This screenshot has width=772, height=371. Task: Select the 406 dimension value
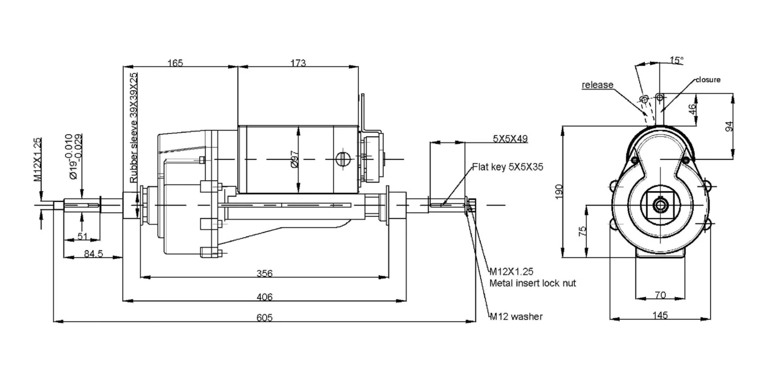265,296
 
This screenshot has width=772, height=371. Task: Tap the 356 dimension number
265,273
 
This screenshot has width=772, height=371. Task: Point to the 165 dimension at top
175,63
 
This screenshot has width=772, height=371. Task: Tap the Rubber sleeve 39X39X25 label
133,127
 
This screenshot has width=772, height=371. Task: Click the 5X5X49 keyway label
510,138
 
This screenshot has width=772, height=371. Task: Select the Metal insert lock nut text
532,283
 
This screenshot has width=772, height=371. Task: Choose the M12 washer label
516,317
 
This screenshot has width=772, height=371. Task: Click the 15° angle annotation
676,60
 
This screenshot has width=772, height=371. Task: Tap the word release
597,85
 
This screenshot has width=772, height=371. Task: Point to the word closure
708,79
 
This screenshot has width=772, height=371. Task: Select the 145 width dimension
660,315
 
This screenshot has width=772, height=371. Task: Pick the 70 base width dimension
660,295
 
